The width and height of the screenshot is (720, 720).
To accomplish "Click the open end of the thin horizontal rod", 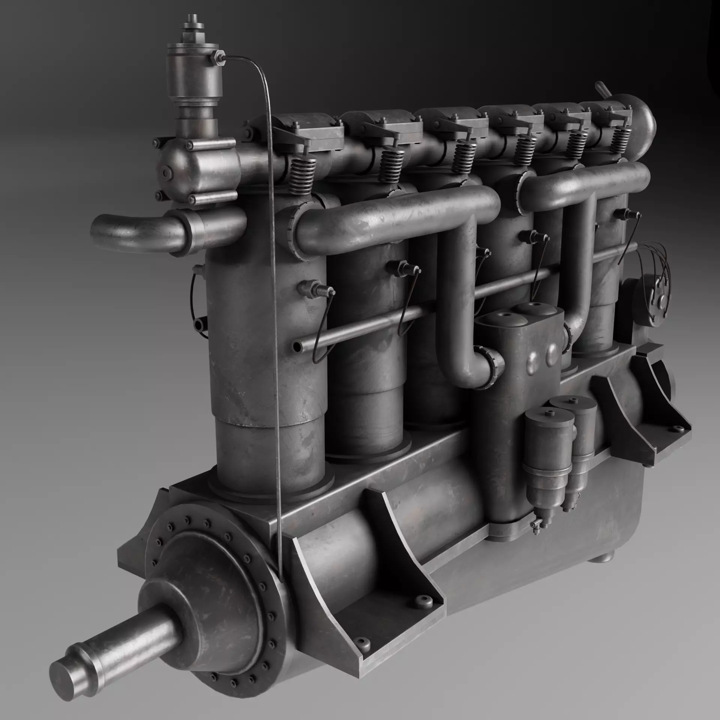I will pos(297,346).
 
